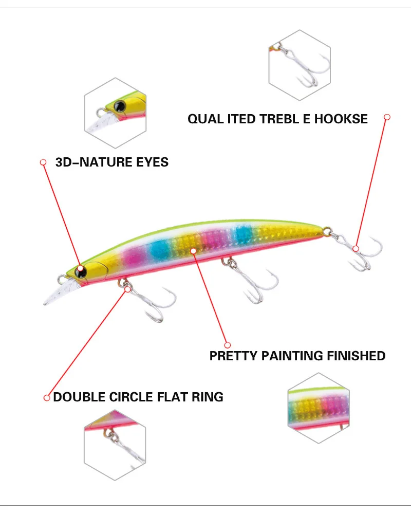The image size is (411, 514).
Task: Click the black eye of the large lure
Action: pyautogui.click(x=81, y=269)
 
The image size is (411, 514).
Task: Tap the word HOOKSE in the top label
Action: pyautogui.click(x=341, y=119)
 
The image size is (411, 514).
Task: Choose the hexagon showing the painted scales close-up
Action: pyautogui.click(x=319, y=409)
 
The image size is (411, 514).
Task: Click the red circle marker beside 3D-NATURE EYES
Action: pyautogui.click(x=43, y=162)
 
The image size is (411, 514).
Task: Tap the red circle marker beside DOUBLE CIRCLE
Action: pyautogui.click(x=47, y=397)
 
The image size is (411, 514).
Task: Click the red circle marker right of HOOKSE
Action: pyautogui.click(x=387, y=117)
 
